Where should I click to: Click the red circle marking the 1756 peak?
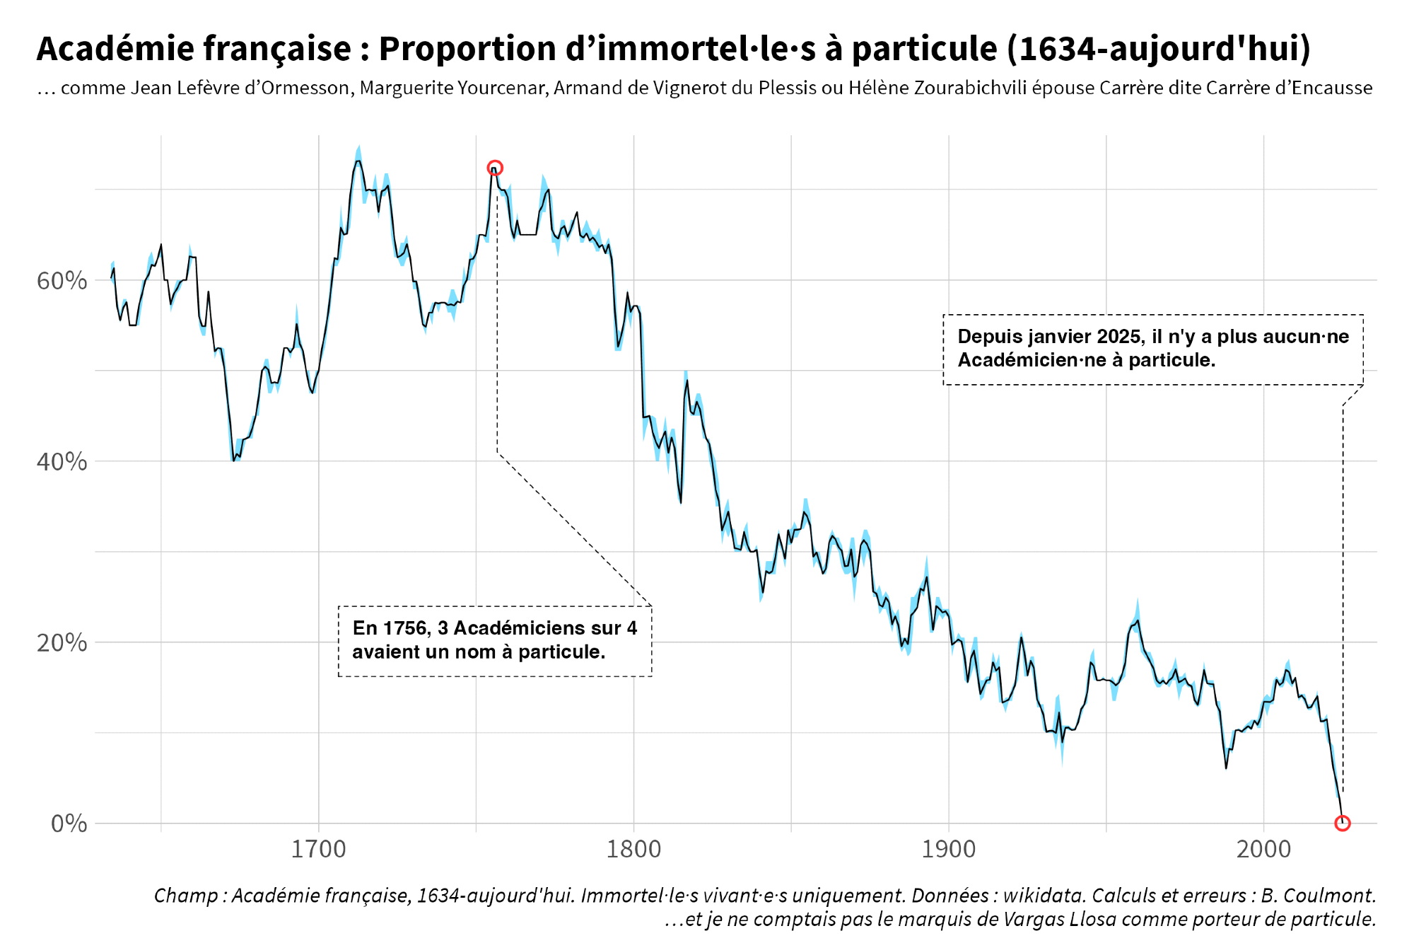click(x=495, y=168)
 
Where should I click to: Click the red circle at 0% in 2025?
click(x=1343, y=823)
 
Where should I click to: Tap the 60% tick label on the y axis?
click(x=62, y=281)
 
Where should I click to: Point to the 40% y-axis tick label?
click(x=62, y=462)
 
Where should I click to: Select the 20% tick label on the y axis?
click(x=62, y=643)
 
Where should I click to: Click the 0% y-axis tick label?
click(x=69, y=823)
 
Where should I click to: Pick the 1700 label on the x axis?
click(x=318, y=849)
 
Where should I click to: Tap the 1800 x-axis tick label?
click(x=633, y=849)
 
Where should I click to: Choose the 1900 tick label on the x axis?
click(x=948, y=849)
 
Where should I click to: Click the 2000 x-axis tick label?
click(x=1263, y=849)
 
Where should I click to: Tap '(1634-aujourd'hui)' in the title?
click(x=1158, y=49)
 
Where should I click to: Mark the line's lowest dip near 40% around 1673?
click(x=233, y=461)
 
